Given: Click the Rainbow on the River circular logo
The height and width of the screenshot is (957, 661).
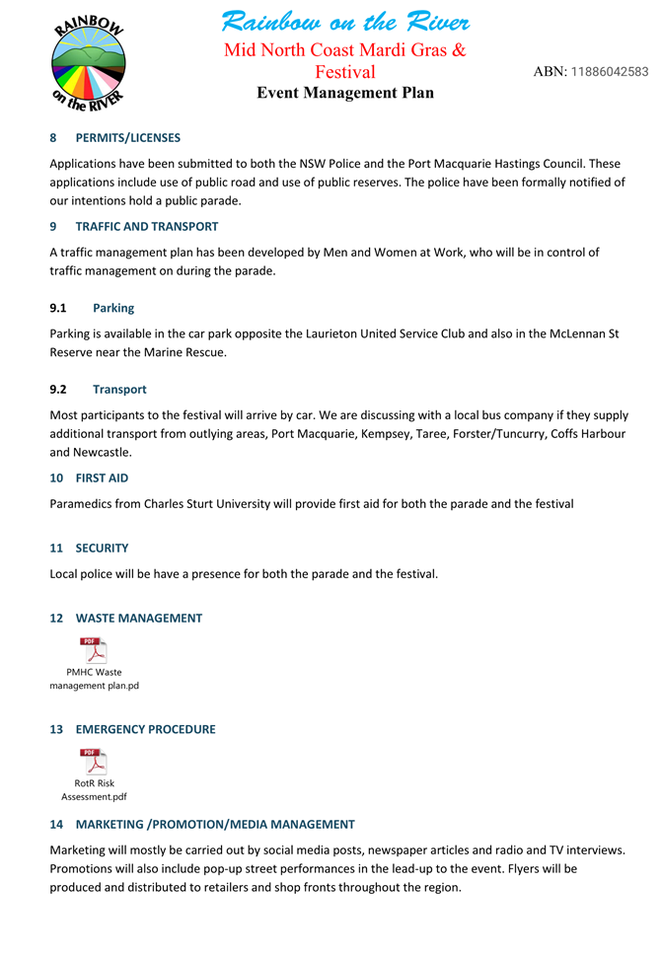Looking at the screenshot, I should tap(89, 62).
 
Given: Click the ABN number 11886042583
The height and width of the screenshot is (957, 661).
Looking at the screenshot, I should tap(610, 72).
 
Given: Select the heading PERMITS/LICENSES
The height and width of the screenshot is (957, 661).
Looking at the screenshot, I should tap(128, 138).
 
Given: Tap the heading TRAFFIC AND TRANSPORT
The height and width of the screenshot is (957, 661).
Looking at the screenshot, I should tap(147, 227).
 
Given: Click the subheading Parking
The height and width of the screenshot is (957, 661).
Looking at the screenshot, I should tap(113, 308).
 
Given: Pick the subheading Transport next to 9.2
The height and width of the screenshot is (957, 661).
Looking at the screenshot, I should tap(119, 390).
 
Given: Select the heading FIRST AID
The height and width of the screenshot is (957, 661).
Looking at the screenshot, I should tap(102, 478).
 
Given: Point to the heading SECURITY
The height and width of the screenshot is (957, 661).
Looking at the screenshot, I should tap(102, 549).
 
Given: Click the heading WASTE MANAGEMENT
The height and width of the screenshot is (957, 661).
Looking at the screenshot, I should tap(139, 619).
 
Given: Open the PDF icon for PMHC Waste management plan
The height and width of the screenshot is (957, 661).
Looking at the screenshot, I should tap(94, 651).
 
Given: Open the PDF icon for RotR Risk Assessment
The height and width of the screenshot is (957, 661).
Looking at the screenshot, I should tap(94, 763).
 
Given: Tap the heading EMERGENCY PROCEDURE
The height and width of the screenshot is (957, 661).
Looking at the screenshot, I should tap(145, 730).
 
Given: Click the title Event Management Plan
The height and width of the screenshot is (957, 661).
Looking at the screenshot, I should tap(345, 93).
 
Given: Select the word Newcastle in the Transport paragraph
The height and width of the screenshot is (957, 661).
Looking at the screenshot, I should tap(103, 453).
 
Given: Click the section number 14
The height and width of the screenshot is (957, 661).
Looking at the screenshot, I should tap(56, 825).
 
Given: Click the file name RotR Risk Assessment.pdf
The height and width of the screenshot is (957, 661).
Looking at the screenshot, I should tap(94, 790).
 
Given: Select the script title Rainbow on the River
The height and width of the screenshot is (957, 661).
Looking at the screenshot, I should tap(345, 22).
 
